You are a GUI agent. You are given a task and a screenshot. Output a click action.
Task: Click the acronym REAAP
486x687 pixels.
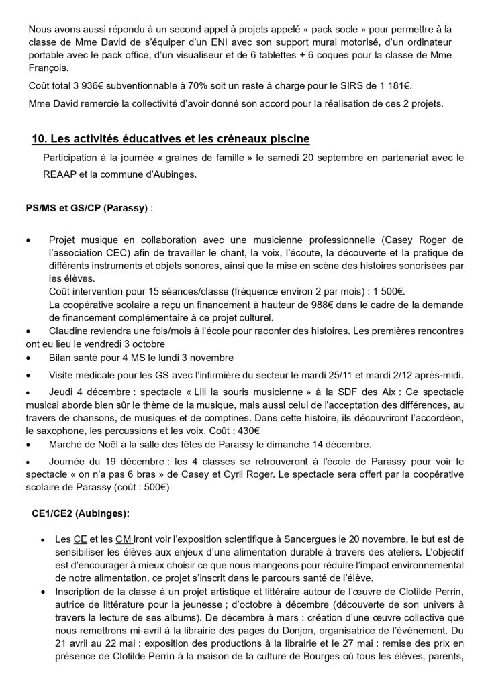(59, 176)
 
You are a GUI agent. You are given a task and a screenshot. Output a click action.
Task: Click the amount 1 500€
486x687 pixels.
(388, 293)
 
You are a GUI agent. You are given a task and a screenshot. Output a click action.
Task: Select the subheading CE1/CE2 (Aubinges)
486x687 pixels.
(81, 513)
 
